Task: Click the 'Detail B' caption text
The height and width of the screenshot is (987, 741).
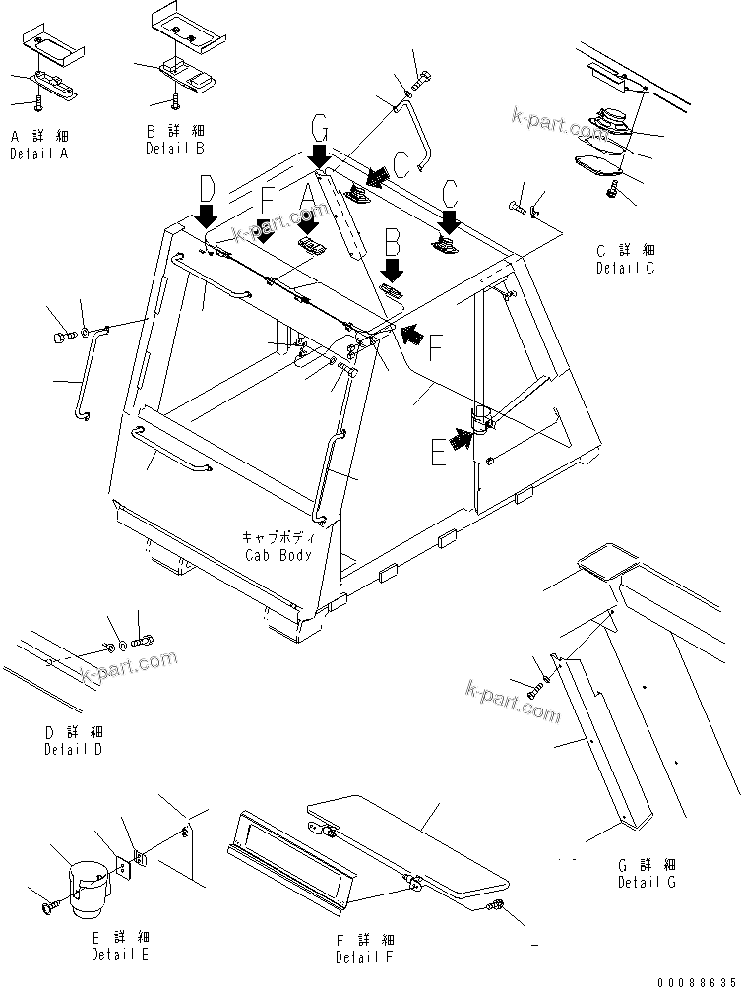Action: (x=175, y=148)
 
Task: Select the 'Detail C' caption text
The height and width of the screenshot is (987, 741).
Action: (x=625, y=268)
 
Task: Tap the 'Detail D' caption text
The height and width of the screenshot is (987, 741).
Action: (x=73, y=749)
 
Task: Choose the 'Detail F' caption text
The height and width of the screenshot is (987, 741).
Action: (x=364, y=956)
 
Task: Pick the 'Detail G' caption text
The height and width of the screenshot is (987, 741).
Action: (x=647, y=882)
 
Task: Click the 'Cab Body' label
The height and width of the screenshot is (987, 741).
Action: (x=278, y=555)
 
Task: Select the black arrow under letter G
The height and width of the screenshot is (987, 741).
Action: (x=320, y=154)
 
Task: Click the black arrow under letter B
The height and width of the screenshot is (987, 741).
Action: (x=392, y=269)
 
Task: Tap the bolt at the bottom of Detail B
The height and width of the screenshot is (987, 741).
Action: (x=175, y=98)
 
